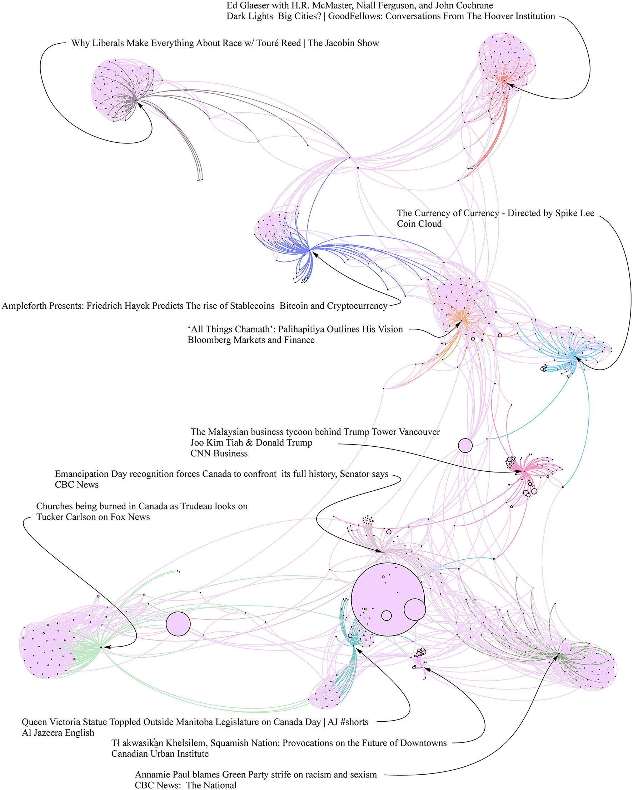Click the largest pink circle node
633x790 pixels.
point(387,599)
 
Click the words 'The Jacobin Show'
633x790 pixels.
point(343,43)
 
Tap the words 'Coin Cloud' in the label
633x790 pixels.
point(419,224)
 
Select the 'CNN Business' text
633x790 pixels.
point(219,453)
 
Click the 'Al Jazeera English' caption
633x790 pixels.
point(58,732)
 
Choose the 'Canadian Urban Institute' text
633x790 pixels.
point(160,754)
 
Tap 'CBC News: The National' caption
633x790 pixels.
point(186,785)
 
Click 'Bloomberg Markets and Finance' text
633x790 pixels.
point(251,340)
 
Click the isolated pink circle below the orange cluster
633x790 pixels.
point(465,446)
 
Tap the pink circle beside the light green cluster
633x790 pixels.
point(178,624)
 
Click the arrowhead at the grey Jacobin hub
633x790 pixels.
point(139,104)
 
